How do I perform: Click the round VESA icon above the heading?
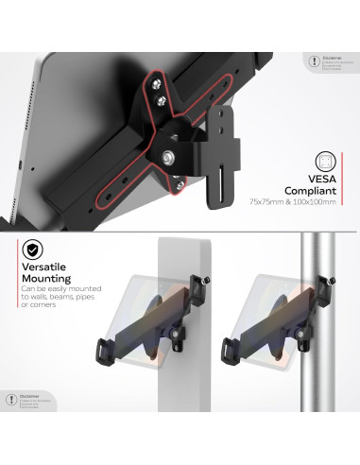pyautogui.click(x=325, y=163)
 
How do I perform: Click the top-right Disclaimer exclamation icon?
pyautogui.click(x=313, y=61)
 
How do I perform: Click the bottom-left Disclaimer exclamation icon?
pyautogui.click(x=9, y=399)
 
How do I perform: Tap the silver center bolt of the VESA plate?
pyautogui.click(x=168, y=156)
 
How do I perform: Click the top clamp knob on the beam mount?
pyautogui.click(x=209, y=279)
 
